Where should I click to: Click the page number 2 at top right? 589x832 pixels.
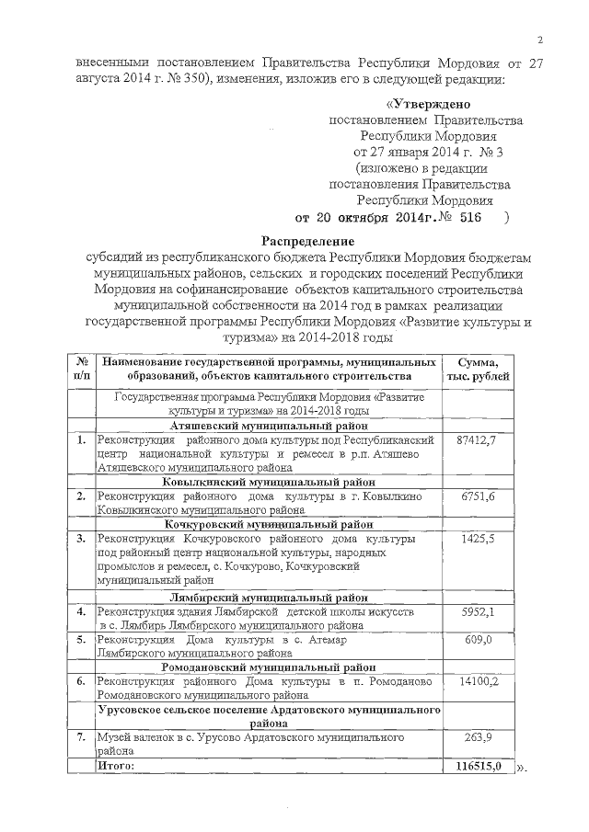click(541, 39)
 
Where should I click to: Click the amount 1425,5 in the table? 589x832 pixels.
click(477, 538)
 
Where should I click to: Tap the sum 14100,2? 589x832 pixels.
click(477, 680)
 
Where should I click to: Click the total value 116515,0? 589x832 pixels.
click(479, 765)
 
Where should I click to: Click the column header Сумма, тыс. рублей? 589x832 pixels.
click(476, 370)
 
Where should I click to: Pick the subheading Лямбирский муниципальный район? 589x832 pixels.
click(270, 597)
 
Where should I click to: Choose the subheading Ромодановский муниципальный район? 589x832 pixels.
click(270, 667)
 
